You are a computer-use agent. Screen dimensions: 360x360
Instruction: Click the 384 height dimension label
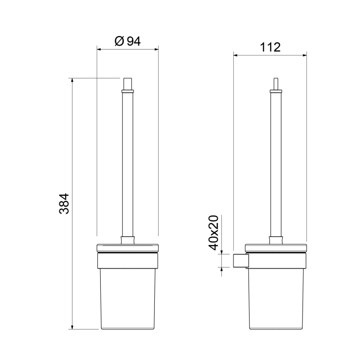coord(64,204)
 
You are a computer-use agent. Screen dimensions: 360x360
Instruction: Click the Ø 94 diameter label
coord(127,41)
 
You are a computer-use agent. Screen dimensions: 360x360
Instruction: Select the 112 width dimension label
coord(270,47)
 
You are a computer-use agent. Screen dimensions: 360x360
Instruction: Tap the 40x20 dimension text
coord(213,233)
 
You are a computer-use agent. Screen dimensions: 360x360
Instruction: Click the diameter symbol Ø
coord(119,41)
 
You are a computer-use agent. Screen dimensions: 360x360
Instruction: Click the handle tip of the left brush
coord(128,84)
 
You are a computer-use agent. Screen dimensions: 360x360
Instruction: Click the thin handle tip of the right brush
coord(276,84)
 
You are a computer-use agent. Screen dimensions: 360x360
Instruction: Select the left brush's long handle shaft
coord(127,165)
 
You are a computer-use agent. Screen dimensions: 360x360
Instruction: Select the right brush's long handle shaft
coord(276,165)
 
